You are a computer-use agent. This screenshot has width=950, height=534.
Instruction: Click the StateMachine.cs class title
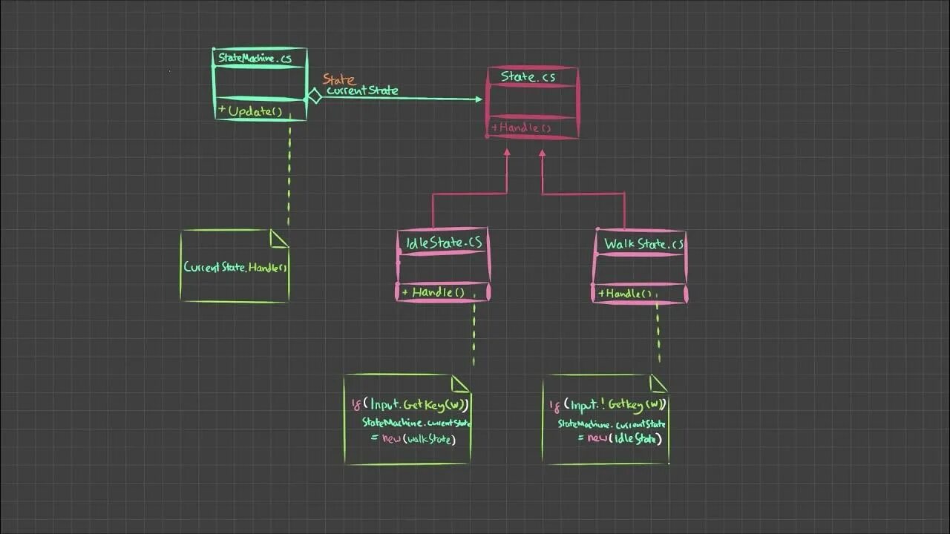[255, 58]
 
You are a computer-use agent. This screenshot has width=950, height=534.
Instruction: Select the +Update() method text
[251, 111]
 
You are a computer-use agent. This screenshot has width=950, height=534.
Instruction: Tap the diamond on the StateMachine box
[314, 96]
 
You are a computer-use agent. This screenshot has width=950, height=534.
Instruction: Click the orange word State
[338, 79]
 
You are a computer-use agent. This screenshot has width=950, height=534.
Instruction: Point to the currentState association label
[362, 90]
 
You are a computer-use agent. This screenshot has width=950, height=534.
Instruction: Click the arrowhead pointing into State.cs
[477, 99]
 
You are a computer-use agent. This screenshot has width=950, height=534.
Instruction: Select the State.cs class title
[528, 76]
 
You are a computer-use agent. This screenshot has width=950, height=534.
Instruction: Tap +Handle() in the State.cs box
[522, 128]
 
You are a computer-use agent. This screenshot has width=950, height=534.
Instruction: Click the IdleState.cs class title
[444, 243]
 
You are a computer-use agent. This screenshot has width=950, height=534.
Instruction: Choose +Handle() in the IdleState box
[433, 292]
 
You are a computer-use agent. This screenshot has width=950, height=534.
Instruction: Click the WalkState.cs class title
[643, 244]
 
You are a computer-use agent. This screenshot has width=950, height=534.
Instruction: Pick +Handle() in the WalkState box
[628, 294]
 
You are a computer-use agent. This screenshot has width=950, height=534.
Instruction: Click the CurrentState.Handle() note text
[235, 267]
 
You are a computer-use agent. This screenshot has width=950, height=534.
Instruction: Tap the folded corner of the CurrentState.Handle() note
[278, 238]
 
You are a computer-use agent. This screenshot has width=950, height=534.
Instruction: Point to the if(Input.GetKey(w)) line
[410, 405]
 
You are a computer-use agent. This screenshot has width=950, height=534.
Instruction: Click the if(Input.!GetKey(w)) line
[608, 404]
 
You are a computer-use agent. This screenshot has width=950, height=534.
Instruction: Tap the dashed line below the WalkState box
[658, 334]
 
